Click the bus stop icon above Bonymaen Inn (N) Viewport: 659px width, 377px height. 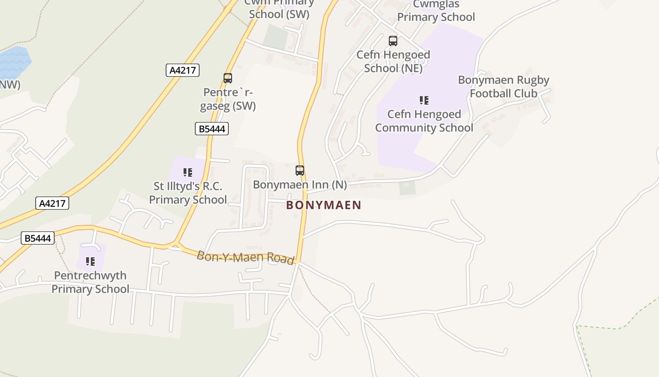(x=300, y=171)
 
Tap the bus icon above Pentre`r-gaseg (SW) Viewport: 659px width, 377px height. (x=228, y=78)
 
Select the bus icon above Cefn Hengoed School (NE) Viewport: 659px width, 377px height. (x=393, y=41)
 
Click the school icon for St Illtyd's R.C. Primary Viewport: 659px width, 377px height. (x=188, y=172)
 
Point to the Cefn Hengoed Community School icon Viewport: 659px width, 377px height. (x=424, y=100)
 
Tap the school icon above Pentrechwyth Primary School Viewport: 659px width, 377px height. (x=90, y=262)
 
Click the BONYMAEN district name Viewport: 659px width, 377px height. (x=324, y=205)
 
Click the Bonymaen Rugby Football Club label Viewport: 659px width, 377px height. (x=504, y=87)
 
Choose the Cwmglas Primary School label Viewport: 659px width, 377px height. (x=436, y=11)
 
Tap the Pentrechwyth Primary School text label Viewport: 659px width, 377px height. (x=90, y=282)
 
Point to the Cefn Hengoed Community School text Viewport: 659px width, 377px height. (x=424, y=121)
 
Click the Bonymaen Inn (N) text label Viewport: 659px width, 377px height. (x=300, y=184)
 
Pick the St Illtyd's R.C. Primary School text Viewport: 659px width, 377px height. (x=188, y=193)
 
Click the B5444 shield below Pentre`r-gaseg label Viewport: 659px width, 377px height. (x=212, y=129)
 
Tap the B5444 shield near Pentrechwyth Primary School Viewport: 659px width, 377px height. (x=38, y=238)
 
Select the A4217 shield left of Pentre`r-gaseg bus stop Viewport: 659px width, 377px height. (x=183, y=70)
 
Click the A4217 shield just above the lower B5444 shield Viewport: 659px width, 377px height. (x=52, y=203)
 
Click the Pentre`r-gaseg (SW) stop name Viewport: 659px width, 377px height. (x=228, y=99)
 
